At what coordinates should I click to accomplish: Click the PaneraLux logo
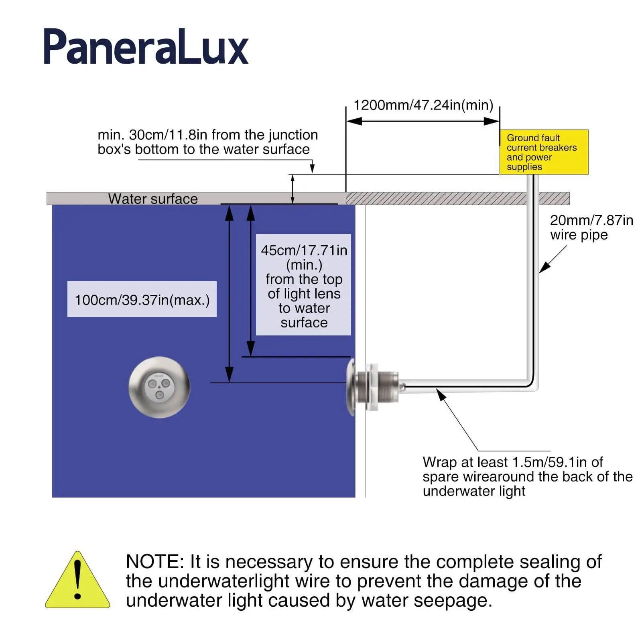pos(146,47)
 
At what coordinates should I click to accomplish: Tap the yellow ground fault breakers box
pos(544,152)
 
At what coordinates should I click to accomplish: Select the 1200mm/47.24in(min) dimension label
pos(423,105)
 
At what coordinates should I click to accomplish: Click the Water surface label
pos(153,199)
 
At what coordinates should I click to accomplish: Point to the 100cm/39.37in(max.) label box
pos(142,300)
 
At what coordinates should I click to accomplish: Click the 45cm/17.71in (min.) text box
pos(304,285)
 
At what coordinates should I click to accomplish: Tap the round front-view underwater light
pos(159,387)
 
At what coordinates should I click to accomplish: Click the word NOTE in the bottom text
pos(154,561)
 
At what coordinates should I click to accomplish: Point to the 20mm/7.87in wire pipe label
pos(591,228)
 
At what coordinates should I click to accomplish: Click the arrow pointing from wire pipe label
pos(553,260)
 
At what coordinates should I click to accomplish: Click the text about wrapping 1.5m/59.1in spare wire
pos(527,476)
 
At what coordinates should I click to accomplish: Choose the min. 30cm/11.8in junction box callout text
pos(207,142)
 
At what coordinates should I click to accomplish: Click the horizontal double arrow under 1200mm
pos(423,121)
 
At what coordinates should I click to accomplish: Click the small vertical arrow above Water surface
pos(293,189)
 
